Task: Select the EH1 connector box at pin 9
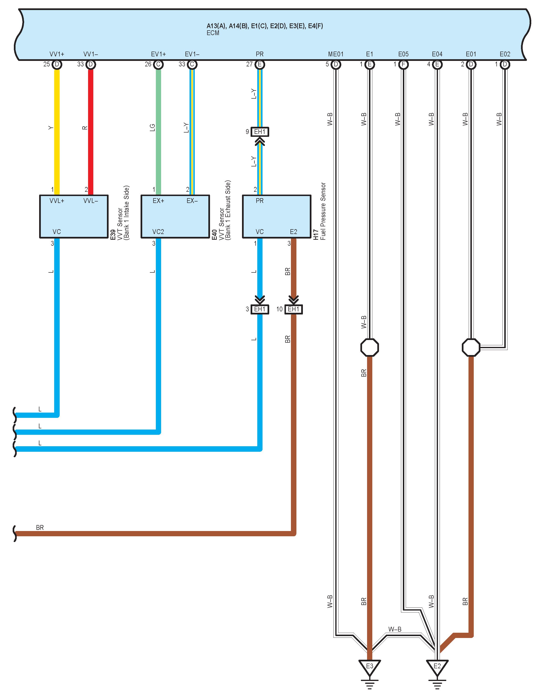click(x=260, y=132)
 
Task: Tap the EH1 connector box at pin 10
click(x=294, y=309)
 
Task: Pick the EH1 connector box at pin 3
click(x=260, y=309)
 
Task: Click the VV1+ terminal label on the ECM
click(x=57, y=54)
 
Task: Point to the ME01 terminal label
click(x=336, y=54)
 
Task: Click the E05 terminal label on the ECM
click(x=403, y=54)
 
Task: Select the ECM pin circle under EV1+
click(x=158, y=64)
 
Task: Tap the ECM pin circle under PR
click(x=260, y=64)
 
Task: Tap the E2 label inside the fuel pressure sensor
click(x=294, y=232)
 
